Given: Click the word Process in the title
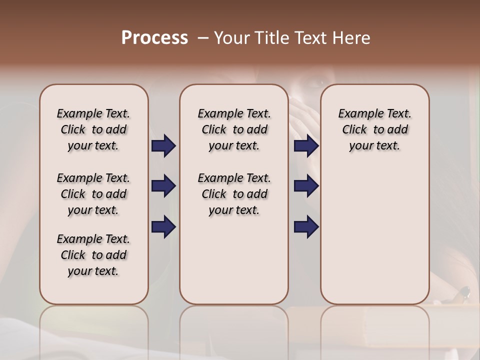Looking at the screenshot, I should click(x=154, y=38).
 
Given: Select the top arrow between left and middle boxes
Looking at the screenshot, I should click(x=163, y=146).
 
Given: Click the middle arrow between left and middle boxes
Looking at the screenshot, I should click(x=163, y=186).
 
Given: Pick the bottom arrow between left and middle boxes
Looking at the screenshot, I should click(x=163, y=227).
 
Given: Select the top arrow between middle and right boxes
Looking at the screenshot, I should click(x=306, y=146).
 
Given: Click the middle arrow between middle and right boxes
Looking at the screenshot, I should click(x=306, y=186).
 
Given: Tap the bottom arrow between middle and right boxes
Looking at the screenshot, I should click(x=306, y=227).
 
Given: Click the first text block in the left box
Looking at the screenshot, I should click(x=93, y=129).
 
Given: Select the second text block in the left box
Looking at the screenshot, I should click(x=93, y=194).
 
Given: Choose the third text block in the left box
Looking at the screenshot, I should click(x=93, y=255).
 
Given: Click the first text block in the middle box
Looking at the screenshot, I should click(x=234, y=129).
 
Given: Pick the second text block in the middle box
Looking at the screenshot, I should click(x=234, y=194).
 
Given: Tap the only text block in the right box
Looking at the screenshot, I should click(x=374, y=129).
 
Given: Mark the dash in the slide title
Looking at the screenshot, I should click(x=202, y=38).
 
